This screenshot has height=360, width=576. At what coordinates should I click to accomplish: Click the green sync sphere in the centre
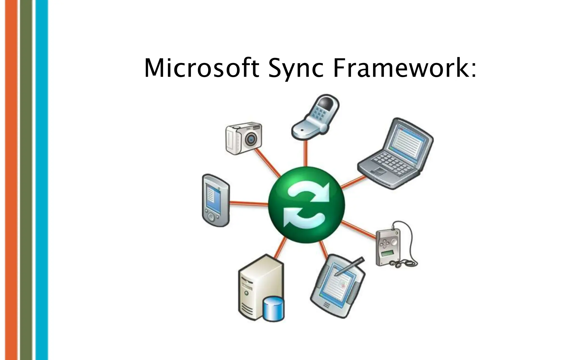(x=306, y=204)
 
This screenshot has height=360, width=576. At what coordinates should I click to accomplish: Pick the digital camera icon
(x=244, y=138)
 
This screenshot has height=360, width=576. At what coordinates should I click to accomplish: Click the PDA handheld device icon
(x=215, y=200)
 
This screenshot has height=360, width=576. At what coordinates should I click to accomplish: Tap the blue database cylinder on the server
(x=273, y=309)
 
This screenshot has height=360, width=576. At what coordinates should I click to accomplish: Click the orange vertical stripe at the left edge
(x=11, y=180)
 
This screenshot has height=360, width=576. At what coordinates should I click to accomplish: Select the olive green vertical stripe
(x=26, y=180)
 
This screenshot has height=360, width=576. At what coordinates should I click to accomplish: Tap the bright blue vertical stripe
(x=42, y=180)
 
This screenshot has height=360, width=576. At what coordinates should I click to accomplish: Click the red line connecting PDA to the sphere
(x=249, y=203)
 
